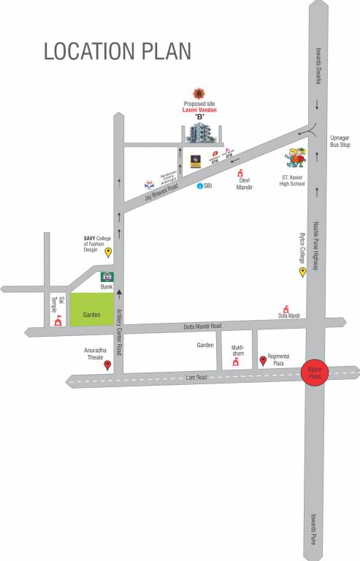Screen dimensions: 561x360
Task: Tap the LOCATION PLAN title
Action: click(x=118, y=51)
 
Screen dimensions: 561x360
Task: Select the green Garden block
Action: click(x=92, y=310)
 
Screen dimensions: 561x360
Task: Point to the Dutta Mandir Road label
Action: click(x=204, y=326)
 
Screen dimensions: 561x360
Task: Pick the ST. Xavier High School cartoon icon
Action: click(x=295, y=158)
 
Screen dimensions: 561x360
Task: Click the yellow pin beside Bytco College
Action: click(x=302, y=272)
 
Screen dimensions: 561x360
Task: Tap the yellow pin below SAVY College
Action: click(x=109, y=253)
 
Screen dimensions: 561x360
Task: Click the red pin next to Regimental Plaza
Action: click(x=263, y=360)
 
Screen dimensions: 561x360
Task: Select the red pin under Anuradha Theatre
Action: click(x=108, y=365)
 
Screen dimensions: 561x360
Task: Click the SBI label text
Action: click(x=207, y=186)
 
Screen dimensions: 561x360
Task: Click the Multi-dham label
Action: click(x=237, y=350)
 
